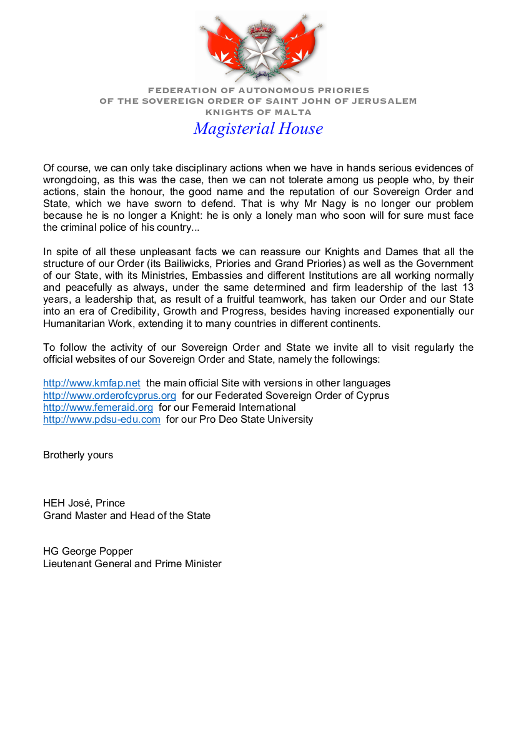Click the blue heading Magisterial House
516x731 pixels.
[x=258, y=129]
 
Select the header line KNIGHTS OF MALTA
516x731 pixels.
[x=258, y=113]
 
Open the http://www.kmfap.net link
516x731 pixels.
[x=92, y=383]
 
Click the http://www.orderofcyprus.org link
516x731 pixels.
[x=109, y=395]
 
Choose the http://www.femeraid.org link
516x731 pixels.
[x=98, y=407]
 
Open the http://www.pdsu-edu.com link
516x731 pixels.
[x=102, y=419]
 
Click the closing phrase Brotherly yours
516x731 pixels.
[x=78, y=455]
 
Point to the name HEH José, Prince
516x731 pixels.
[x=84, y=503]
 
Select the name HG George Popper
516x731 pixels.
[x=88, y=552]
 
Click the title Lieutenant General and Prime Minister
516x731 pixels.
[x=132, y=563]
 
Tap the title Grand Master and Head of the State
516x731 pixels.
[x=127, y=515]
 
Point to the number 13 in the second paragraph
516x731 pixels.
[x=467, y=288]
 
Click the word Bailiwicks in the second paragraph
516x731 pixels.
[x=180, y=264]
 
